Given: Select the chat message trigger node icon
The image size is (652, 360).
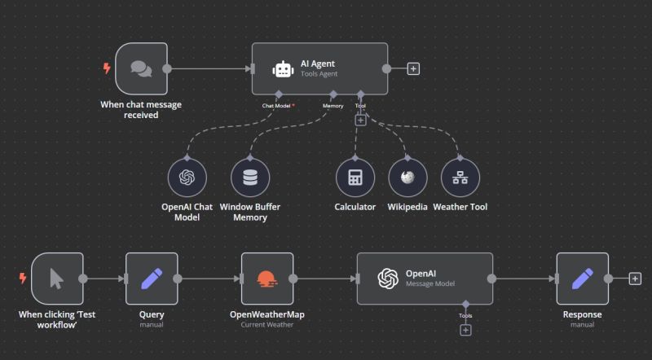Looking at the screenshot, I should point(141,68).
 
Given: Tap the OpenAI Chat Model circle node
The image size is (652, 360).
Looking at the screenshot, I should point(187,178).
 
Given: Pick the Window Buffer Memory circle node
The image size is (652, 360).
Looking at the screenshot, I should point(249,178).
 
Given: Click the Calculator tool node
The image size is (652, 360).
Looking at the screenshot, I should point(355,178).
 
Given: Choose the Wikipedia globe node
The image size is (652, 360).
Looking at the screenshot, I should point(407,178).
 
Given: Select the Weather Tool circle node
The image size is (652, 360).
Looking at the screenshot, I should point(460,178).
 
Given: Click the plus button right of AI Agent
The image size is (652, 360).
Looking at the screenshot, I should point(413,69).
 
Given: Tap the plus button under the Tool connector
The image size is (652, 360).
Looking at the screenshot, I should point(360,120).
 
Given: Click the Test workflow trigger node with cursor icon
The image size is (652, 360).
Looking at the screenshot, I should point(57,279).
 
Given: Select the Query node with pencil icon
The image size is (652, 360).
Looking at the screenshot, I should point(152,279).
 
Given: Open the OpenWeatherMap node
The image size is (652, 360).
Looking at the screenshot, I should point(267,279).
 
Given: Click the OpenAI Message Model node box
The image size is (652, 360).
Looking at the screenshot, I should point(425,279).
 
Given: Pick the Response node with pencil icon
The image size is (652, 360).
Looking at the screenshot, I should point(582,279).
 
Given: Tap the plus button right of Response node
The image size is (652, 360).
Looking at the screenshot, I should point(635,279).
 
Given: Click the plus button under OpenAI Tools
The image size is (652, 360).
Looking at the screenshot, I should point(465,330).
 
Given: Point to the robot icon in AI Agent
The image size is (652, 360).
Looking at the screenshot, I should point(282,69).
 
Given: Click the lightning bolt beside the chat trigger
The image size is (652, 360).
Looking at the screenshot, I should point(106,68).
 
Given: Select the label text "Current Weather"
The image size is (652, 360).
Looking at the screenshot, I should point(267,324).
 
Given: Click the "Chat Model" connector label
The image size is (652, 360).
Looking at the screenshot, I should point(275,105).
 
